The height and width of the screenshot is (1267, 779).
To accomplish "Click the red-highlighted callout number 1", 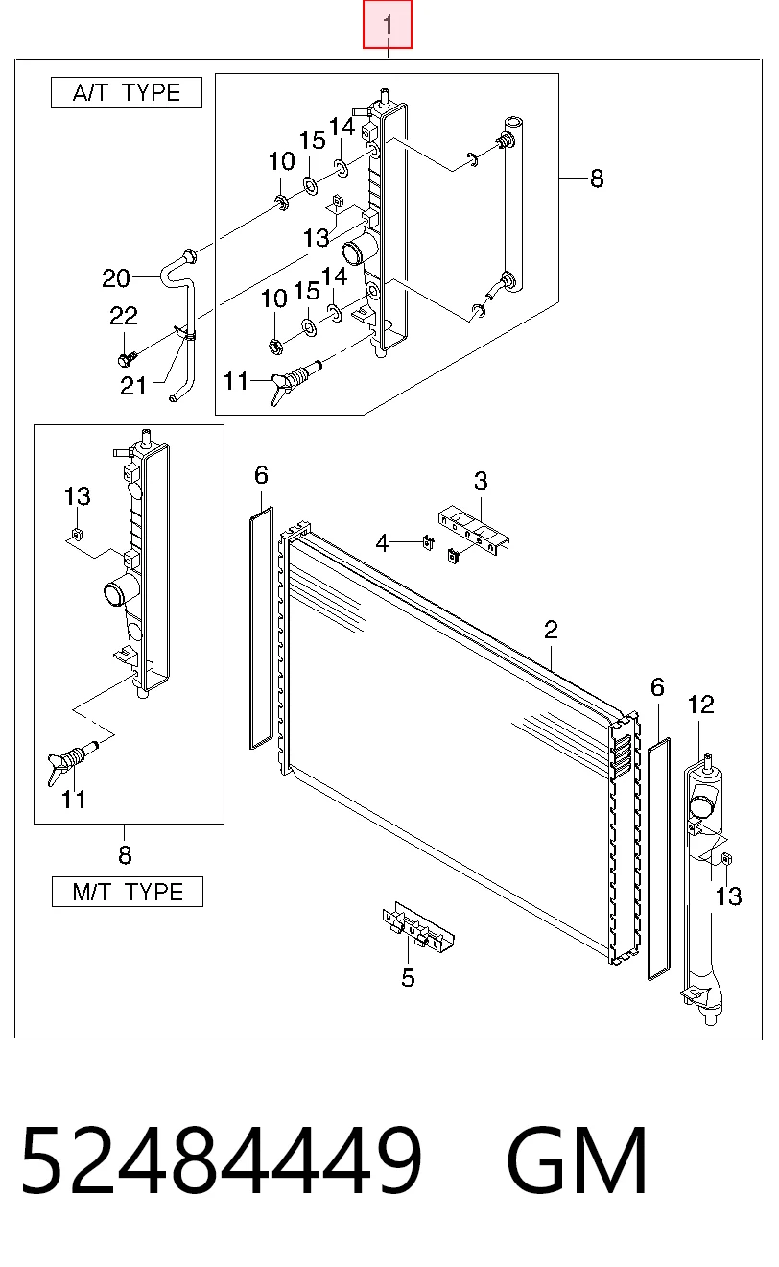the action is pos(388,24).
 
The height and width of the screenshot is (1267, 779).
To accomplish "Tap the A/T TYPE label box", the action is pos(127,92).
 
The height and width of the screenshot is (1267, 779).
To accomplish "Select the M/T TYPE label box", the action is pos(128,892).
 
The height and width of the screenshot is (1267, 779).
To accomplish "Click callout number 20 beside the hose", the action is pos(116,278).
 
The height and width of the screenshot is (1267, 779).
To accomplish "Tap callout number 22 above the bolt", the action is pos(124,316).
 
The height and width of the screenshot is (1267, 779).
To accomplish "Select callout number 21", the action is pos(133,386).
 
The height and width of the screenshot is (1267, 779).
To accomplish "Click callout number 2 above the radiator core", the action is pos(551,630).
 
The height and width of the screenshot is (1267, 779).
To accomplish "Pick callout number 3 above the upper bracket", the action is pos(481,481).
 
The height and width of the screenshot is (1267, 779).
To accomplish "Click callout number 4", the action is pos(382,543).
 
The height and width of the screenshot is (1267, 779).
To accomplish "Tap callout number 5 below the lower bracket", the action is pos(408,977).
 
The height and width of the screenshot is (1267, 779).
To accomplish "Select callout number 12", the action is pos(701,705).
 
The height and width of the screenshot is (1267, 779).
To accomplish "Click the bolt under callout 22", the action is pos(127,358).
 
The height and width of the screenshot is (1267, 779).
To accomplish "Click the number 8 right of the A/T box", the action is pos(597,179).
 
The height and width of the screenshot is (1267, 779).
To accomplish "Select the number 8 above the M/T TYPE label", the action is pos(125,854).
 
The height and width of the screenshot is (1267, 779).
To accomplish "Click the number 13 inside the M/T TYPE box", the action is pos(78,496).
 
